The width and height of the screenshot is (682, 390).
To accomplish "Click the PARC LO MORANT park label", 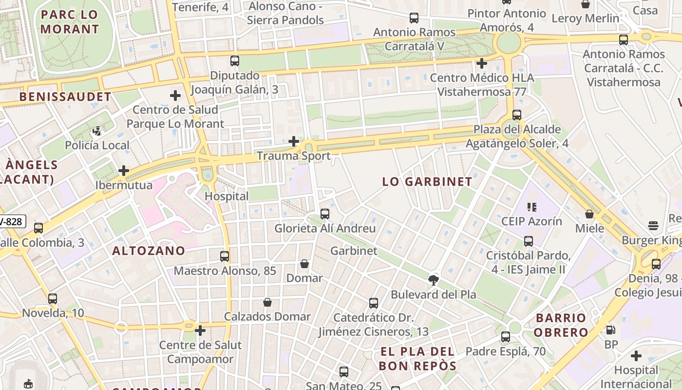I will pos(70,22).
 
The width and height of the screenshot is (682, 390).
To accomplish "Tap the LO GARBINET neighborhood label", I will pos(427,182).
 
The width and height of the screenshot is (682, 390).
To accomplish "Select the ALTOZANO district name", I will pos(149,251).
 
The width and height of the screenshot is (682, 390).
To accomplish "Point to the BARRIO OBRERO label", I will pos(561,325).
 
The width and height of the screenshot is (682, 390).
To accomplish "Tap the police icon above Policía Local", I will pos(97,131).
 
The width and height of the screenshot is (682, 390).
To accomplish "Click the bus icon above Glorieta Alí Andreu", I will pos(325,214).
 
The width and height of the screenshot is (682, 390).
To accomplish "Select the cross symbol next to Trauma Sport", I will pos(294,141).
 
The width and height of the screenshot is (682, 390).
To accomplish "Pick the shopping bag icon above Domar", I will pos(304,264).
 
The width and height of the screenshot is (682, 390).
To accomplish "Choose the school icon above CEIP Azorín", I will pos(532,207).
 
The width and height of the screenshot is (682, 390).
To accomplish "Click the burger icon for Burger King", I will pos(653,226).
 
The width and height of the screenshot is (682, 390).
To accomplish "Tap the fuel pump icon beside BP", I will pos(610,330).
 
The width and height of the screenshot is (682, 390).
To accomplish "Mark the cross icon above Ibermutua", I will pos(124,171).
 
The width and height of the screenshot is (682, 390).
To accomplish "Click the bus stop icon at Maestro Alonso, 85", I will pos(225,256).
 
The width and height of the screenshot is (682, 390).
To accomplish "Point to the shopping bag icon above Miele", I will pos(589,214).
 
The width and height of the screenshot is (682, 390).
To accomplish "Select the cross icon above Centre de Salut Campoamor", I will pos(200,331).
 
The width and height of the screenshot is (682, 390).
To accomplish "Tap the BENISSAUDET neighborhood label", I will pos(65,97).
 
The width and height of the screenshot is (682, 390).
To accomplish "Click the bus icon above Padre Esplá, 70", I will pos(506,337).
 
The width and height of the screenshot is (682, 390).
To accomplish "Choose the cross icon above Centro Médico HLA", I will pos(482,63).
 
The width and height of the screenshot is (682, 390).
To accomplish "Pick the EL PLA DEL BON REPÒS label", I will pos(417,359).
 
